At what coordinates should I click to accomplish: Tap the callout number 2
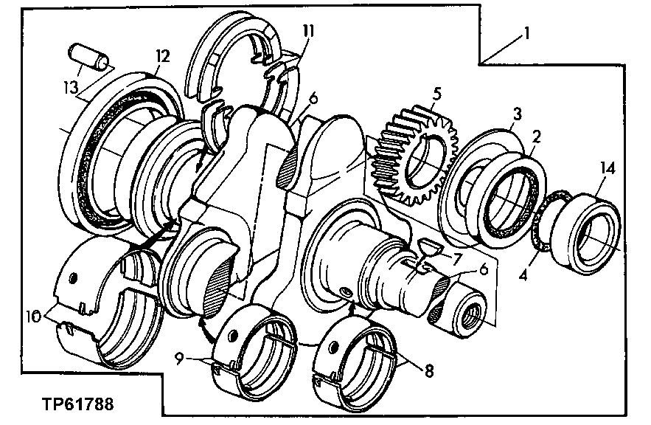(537, 137)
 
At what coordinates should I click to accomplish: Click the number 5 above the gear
(437, 94)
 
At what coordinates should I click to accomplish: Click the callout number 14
(607, 169)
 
